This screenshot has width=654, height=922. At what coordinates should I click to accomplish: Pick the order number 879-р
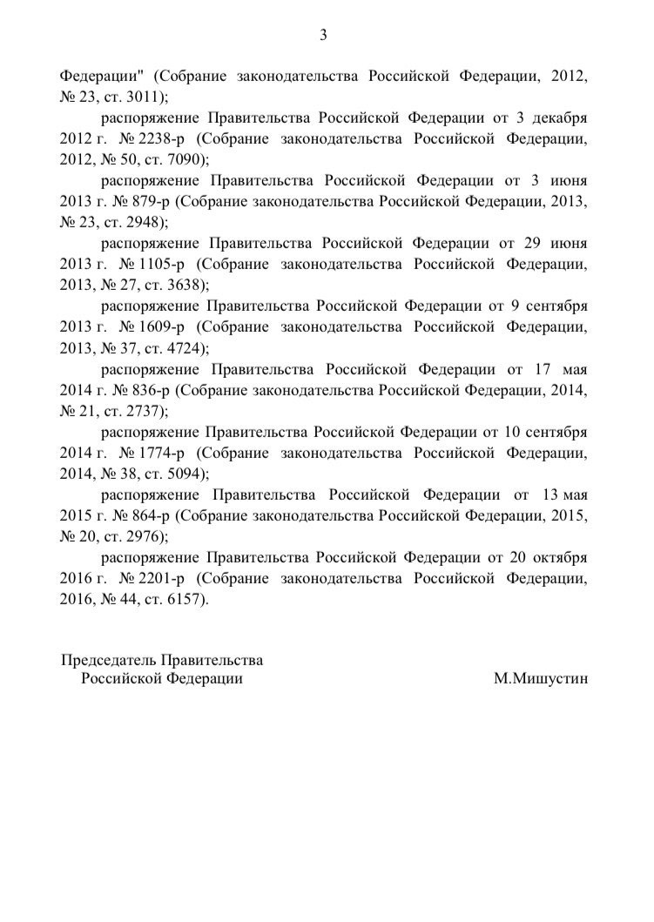[151, 200]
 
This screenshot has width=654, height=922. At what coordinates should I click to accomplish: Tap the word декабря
[558, 118]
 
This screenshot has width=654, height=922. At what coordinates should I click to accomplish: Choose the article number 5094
[178, 474]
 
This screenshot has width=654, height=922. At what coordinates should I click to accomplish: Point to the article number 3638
[178, 285]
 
